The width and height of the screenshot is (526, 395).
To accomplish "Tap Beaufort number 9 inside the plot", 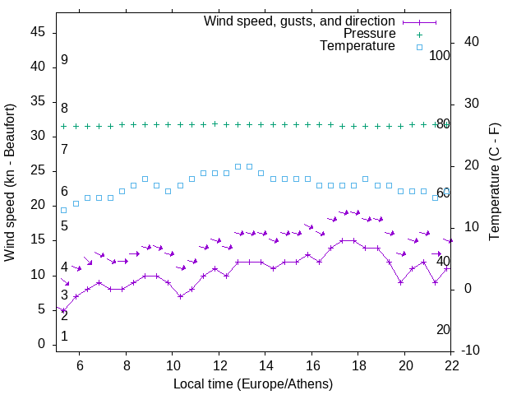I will pyautogui.click(x=64, y=60).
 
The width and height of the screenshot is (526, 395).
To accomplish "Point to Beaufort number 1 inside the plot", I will pyautogui.click(x=64, y=337).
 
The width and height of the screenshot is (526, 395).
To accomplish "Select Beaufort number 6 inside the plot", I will pyautogui.click(x=64, y=192).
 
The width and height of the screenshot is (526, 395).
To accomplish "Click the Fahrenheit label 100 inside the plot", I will pyautogui.click(x=440, y=55).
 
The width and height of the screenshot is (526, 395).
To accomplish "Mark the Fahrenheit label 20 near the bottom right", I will pyautogui.click(x=443, y=329).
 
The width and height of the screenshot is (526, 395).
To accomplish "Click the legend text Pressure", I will pyautogui.click(x=369, y=34).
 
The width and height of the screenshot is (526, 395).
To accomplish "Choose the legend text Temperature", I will pyautogui.click(x=358, y=46).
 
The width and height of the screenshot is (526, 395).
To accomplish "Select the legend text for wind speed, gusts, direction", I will pyautogui.click(x=299, y=21).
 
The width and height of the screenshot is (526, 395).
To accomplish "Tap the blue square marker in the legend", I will pyautogui.click(x=419, y=47).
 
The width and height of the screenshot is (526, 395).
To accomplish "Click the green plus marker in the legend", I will pyautogui.click(x=419, y=34).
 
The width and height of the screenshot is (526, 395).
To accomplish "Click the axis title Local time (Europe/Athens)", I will pyautogui.click(x=253, y=384).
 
